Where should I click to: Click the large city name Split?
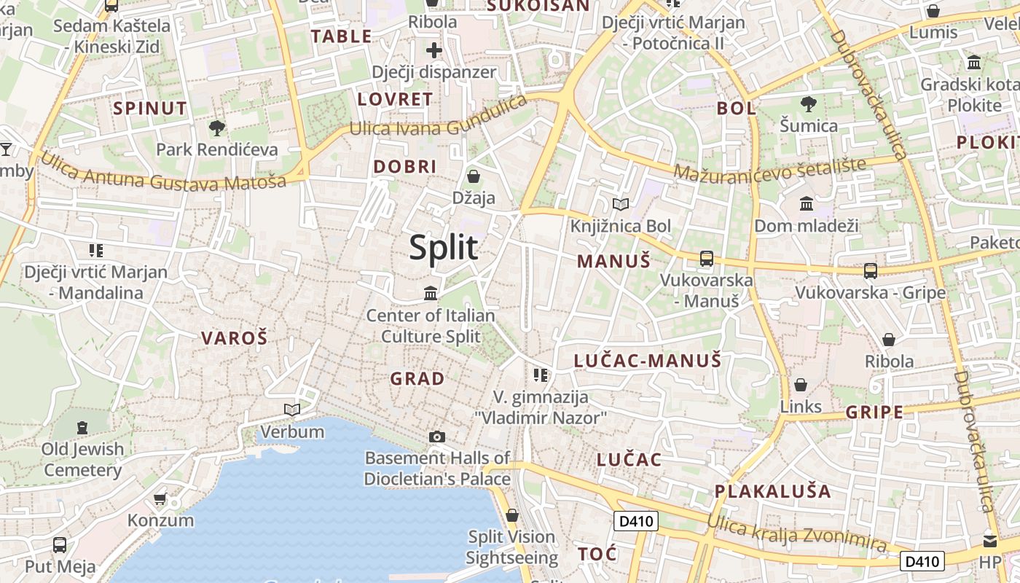pyautogui.click(x=444, y=248)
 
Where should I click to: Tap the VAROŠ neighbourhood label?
pyautogui.click(x=234, y=338)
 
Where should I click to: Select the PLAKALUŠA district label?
pyautogui.click(x=772, y=491)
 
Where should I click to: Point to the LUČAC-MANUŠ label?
pyautogui.click(x=647, y=361)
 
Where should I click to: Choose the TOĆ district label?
pyautogui.click(x=597, y=554)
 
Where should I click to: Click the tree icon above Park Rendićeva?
pyautogui.click(x=216, y=129)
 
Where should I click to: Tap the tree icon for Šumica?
pyautogui.click(x=808, y=104)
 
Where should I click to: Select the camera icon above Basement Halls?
pyautogui.click(x=436, y=437)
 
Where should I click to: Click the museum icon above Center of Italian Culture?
pyautogui.click(x=431, y=294)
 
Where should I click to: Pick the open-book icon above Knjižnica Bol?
pyautogui.click(x=621, y=205)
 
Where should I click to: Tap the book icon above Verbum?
pyautogui.click(x=292, y=410)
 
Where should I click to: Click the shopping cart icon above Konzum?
pyautogui.click(x=160, y=499)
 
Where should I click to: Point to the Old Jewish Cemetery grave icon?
pyautogui.click(x=82, y=427)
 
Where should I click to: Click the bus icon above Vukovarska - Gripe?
pyautogui.click(x=870, y=271)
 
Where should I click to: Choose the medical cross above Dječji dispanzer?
pyautogui.click(x=434, y=50)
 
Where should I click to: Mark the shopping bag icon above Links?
pyautogui.click(x=801, y=385)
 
